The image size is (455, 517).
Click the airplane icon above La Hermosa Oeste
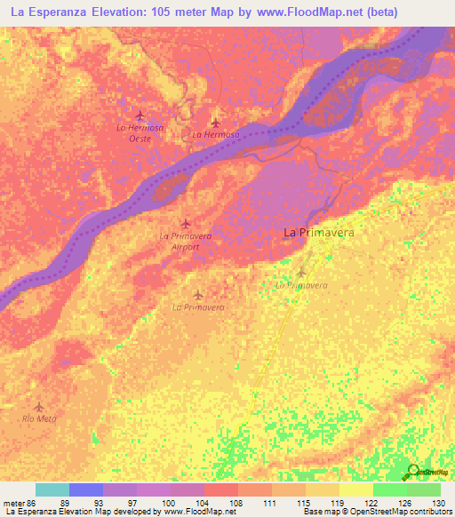point(140,115)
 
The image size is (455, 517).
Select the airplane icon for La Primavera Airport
point(185,223)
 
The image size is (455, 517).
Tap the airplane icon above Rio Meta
point(39,407)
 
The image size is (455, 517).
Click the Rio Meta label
point(39,419)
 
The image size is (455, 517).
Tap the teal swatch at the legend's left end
point(52,489)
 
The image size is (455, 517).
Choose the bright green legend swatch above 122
point(389,489)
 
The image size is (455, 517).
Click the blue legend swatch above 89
point(85,489)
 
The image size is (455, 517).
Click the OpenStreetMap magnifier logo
point(411,472)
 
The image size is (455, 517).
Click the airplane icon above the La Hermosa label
point(215,123)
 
